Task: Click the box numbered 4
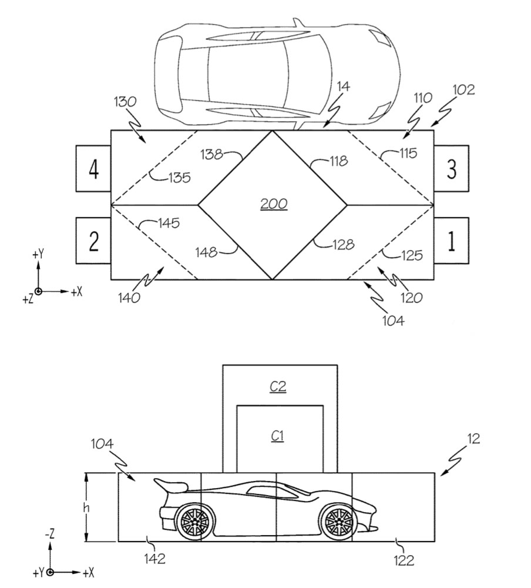[93, 168]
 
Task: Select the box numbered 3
[452, 168]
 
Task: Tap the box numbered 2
[93, 240]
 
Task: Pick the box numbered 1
[452, 240]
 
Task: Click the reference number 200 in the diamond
[274, 204]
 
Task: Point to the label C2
[278, 386]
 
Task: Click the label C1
[277, 436]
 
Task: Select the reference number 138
[211, 153]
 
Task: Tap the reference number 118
[339, 161]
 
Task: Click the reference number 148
[207, 252]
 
